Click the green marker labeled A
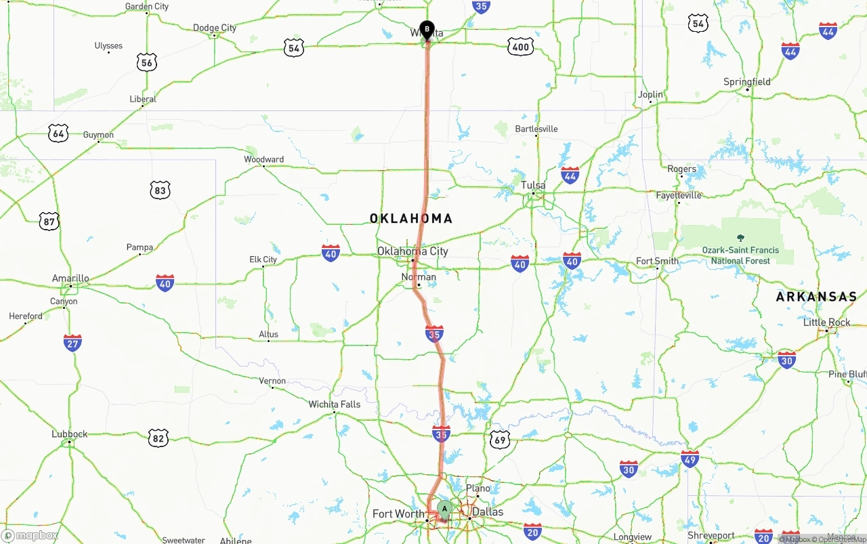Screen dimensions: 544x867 [444, 508]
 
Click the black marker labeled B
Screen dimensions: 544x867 [427, 29]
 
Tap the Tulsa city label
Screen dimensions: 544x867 [532, 186]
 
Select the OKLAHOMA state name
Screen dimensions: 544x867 [410, 218]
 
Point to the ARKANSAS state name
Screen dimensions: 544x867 [816, 297]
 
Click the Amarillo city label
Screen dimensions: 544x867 [70, 278]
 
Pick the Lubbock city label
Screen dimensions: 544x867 [69, 434]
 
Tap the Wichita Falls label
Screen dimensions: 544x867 [335, 404]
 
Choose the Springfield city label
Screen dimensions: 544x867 [747, 82]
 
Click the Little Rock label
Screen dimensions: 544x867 [826, 322]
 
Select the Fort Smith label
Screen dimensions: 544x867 [657, 261]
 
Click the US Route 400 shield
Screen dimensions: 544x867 [520, 47]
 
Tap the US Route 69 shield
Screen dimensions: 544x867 [500, 439]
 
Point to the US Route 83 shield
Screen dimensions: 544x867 [160, 190]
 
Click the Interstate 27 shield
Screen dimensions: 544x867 [72, 343]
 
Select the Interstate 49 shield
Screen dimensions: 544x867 [690, 459]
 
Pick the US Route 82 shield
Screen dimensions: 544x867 [158, 438]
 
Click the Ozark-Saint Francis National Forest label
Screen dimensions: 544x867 [740, 255]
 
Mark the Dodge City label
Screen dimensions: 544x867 [215, 28]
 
